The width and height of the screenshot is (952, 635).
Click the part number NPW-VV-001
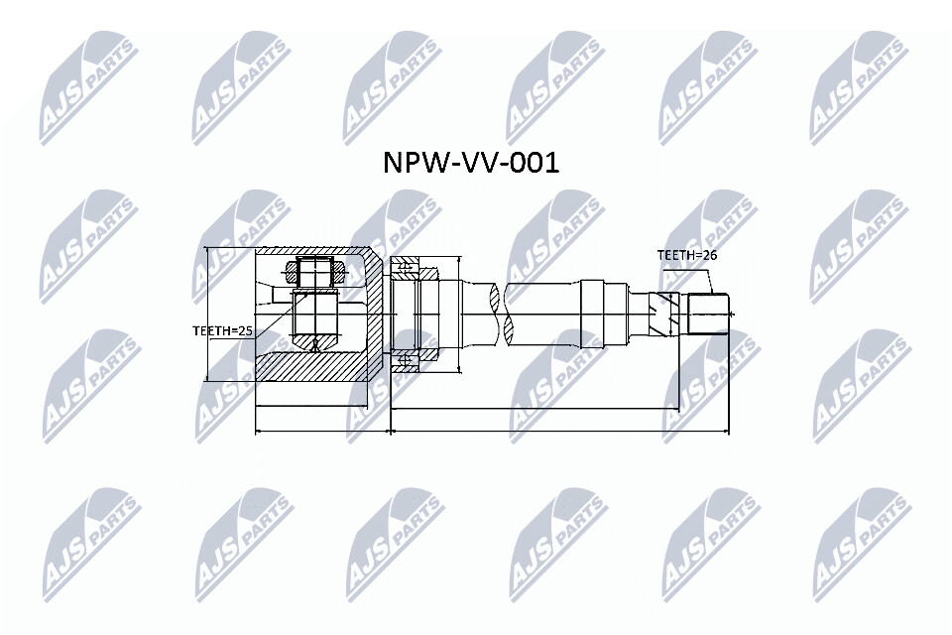pyautogui.click(x=470, y=163)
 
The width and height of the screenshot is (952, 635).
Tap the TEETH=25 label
pyautogui.click(x=222, y=331)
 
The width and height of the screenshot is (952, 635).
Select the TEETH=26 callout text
pyautogui.click(x=686, y=255)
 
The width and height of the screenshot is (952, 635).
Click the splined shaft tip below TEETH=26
pyautogui.click(x=707, y=314)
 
